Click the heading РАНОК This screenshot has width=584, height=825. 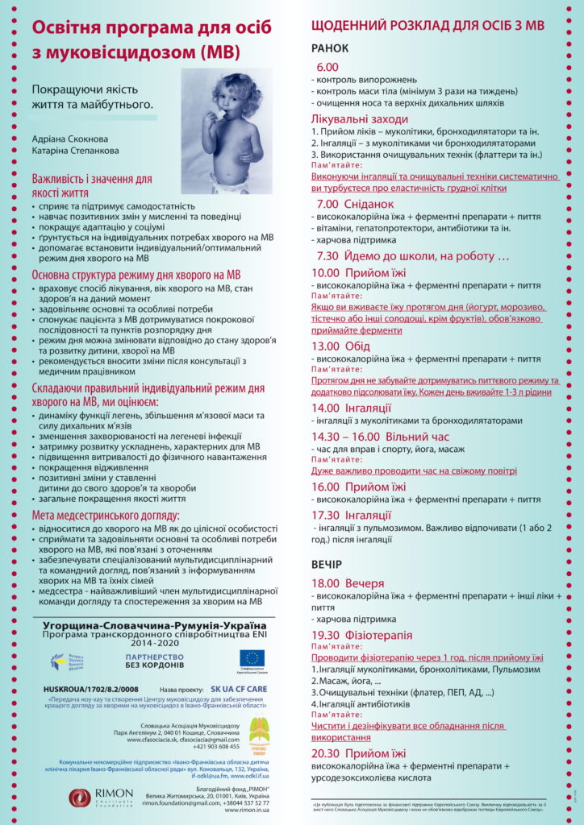(331, 48)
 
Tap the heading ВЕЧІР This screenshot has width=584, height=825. (327, 564)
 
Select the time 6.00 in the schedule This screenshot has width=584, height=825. (328, 66)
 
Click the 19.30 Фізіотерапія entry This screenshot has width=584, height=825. (361, 635)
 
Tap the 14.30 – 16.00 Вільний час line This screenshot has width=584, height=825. (380, 437)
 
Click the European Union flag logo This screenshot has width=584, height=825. (251, 658)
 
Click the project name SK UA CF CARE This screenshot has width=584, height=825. (238, 690)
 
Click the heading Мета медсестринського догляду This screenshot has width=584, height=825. (106, 516)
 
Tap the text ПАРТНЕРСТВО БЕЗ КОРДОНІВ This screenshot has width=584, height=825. (153, 661)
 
